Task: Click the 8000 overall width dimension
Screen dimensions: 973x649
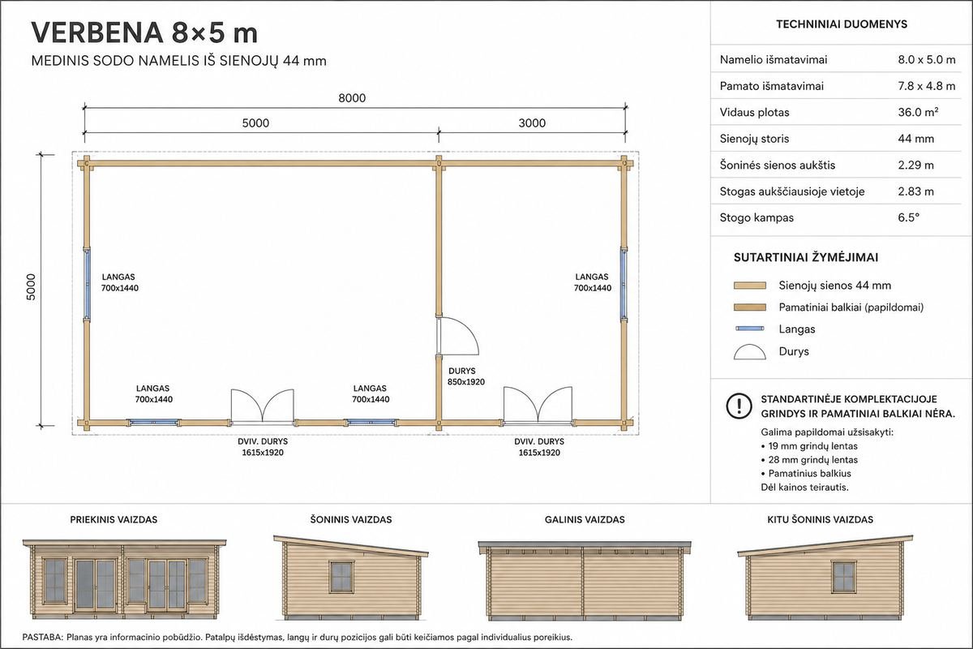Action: tap(352, 98)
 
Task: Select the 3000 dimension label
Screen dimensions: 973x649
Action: tap(532, 123)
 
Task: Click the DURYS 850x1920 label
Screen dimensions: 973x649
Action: tap(466, 376)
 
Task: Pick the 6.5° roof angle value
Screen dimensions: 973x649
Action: tap(909, 217)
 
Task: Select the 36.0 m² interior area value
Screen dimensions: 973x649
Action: tap(918, 112)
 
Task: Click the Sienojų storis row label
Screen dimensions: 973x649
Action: tap(754, 139)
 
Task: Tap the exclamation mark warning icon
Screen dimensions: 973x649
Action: tap(739, 406)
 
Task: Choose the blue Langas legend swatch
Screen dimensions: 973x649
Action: tap(750, 329)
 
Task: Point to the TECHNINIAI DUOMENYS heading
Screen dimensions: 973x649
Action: tap(842, 24)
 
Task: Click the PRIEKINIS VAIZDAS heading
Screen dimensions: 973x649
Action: tap(114, 519)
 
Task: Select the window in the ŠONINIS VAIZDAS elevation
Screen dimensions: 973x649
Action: tap(342, 577)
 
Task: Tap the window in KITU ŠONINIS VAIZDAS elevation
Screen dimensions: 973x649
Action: tap(843, 577)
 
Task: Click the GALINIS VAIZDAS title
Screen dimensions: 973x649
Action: tap(585, 519)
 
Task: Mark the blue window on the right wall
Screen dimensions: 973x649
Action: tap(624, 284)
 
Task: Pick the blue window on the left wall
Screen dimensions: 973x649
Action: tap(87, 284)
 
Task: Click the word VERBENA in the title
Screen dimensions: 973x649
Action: tap(96, 33)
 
